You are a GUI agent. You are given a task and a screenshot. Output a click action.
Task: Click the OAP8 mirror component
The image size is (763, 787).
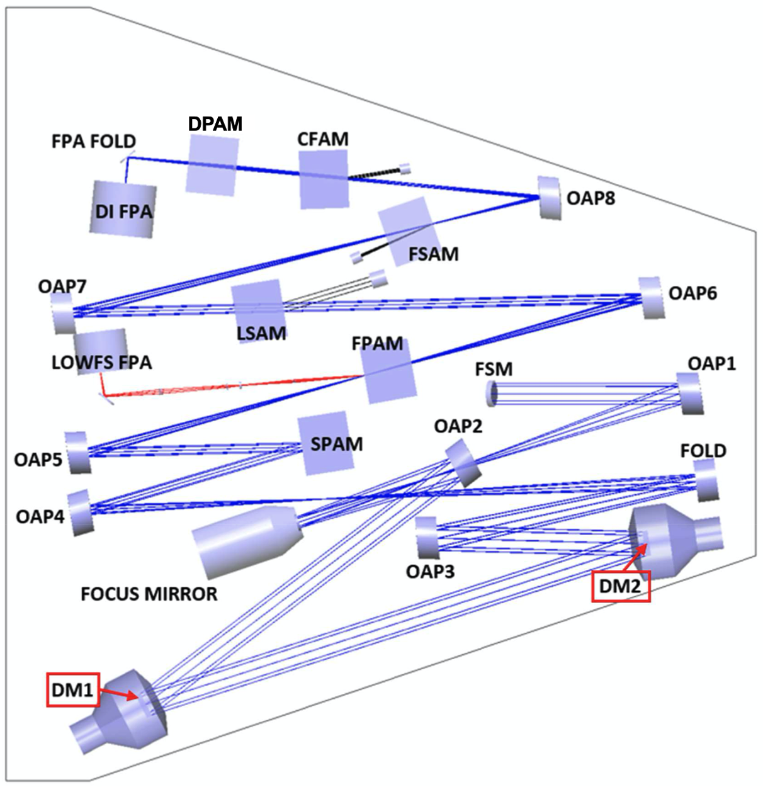tap(550, 198)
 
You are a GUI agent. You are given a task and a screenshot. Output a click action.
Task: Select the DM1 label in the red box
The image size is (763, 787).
tap(73, 690)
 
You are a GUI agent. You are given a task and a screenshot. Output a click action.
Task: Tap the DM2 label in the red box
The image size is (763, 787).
tap(620, 587)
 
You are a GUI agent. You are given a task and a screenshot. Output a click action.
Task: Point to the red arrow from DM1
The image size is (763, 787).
tap(120, 694)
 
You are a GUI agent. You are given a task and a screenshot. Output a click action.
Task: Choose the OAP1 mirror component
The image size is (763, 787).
tap(688, 394)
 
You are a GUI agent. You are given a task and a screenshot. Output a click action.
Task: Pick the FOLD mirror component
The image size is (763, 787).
tap(705, 480)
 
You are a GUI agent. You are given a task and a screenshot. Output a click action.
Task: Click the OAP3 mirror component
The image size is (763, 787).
tap(426, 538)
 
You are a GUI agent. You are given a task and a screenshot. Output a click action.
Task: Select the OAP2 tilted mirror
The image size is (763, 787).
tap(464, 463)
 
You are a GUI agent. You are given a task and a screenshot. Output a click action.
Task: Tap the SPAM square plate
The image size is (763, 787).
tap(325, 444)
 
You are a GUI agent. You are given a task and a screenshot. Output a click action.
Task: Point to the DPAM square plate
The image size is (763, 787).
tap(212, 164)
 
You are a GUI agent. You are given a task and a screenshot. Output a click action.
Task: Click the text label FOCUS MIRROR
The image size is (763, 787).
tap(149, 594)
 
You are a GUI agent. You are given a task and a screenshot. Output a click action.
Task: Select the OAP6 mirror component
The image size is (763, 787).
tap(652, 298)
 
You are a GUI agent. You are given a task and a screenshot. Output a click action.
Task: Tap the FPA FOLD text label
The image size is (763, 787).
tap(94, 141)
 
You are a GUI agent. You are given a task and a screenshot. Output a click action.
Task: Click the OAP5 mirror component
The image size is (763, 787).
tap(77, 452)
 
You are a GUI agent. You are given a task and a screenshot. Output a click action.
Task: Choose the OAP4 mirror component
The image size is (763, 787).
tap(81, 512)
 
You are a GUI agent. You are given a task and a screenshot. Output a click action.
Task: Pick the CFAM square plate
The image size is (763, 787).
tap(323, 179)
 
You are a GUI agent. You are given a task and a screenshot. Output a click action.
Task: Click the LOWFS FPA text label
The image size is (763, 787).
tap(101, 363)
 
